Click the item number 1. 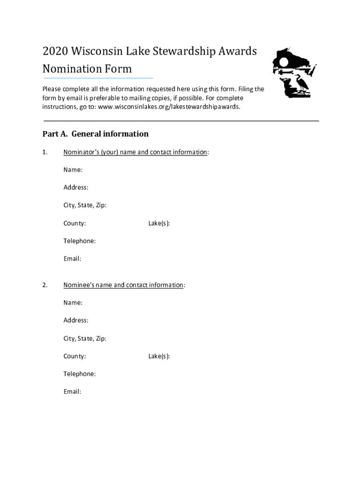tap(45, 152)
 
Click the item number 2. tap(45, 285)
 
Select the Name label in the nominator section tap(73, 169)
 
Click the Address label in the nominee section tap(76, 320)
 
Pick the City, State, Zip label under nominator tap(85, 205)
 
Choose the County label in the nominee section tap(74, 356)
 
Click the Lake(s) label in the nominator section tap(159, 224)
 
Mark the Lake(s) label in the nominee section tap(159, 356)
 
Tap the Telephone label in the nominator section tap(79, 241)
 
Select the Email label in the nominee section tap(72, 392)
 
